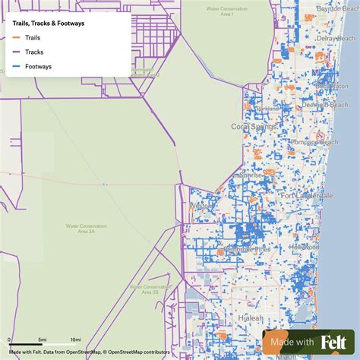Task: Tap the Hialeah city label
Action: click(249, 317)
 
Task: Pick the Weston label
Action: click(202, 205)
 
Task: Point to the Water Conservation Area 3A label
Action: click(84, 228)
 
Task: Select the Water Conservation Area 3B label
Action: click(144, 289)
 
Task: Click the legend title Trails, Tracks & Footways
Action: click(49, 24)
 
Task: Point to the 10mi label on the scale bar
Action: click(75, 339)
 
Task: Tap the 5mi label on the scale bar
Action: click(43, 339)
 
